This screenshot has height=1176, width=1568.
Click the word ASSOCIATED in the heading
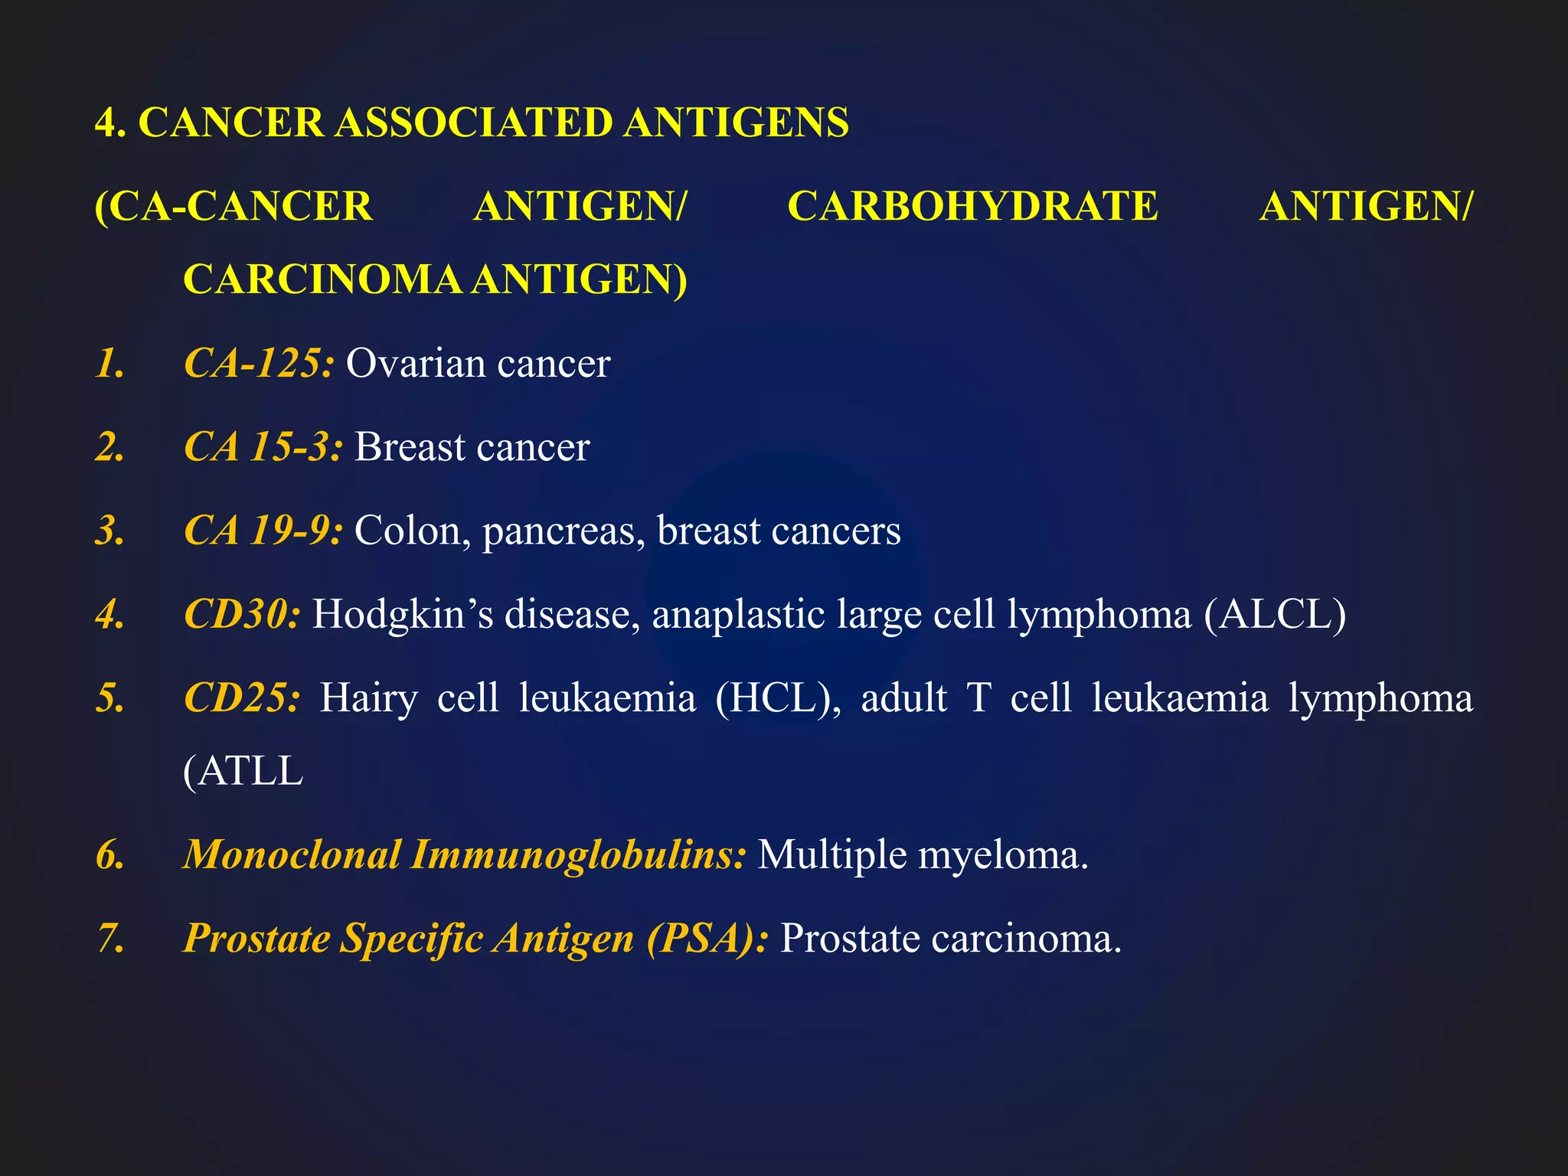[x=474, y=122]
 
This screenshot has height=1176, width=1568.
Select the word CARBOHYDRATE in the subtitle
[x=972, y=206]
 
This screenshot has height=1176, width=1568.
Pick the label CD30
[x=242, y=614]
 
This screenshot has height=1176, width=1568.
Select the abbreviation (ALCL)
[x=1274, y=614]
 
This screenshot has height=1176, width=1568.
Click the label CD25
[x=242, y=697]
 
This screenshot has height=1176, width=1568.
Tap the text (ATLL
[x=243, y=771]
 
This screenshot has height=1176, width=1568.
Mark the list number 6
[x=110, y=854]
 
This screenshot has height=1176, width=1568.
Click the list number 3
[x=110, y=530]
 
